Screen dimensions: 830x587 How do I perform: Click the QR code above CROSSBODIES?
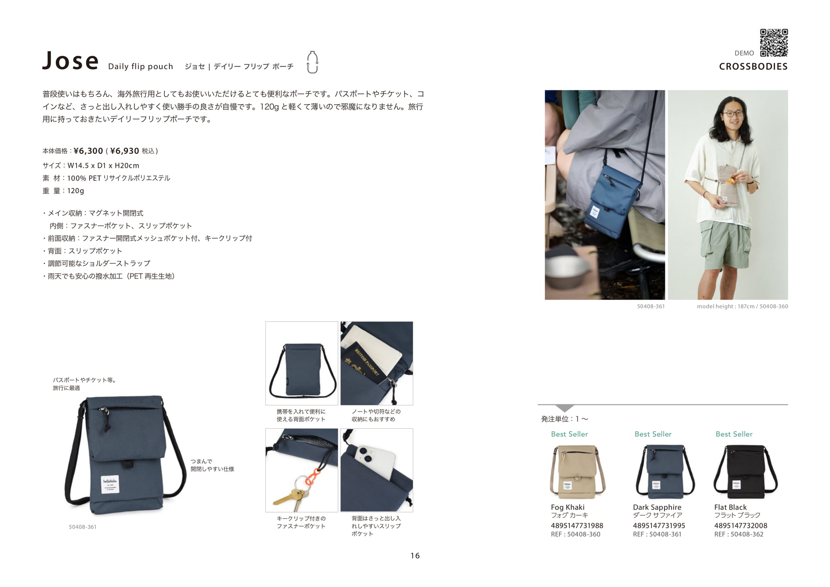[x=774, y=43]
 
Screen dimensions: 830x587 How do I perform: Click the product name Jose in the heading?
[x=70, y=61]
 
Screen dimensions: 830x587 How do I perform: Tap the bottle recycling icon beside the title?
[x=312, y=62]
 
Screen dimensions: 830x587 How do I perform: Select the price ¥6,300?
[x=88, y=151]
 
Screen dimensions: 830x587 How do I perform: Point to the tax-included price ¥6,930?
[x=124, y=151]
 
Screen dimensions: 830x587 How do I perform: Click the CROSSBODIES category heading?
[x=753, y=67]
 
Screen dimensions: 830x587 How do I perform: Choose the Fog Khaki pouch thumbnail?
[x=578, y=472]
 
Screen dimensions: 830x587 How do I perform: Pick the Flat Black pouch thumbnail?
[x=745, y=472]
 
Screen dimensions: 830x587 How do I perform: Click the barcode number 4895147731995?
[x=659, y=526]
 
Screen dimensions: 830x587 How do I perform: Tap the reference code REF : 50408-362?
[x=739, y=534]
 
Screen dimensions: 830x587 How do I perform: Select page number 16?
[x=415, y=556]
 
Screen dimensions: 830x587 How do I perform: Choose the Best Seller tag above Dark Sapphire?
[x=653, y=434]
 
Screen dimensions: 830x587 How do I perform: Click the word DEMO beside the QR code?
[x=744, y=53]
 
